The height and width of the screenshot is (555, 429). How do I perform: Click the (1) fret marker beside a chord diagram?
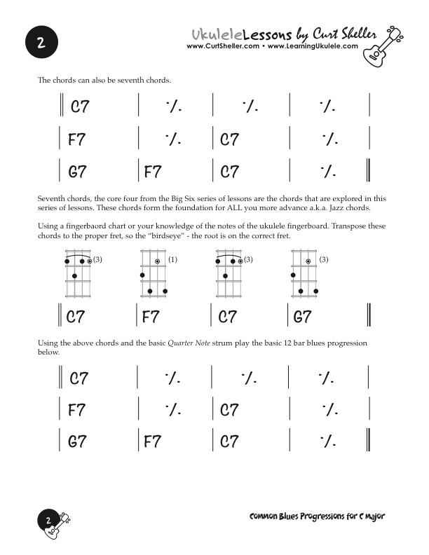click(x=172, y=260)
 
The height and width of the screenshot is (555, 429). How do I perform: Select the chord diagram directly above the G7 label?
click(x=304, y=276)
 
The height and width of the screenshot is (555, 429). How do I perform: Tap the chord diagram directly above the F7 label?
click(x=154, y=276)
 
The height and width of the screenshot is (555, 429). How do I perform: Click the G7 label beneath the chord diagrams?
click(x=302, y=317)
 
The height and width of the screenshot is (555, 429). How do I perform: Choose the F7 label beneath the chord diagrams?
click(x=151, y=317)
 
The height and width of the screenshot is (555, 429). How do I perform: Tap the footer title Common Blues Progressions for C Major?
click(x=318, y=516)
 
